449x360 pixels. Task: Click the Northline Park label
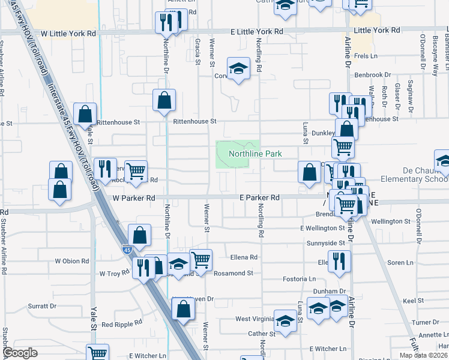pos(255,154)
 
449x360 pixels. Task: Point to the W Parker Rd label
pos(133,197)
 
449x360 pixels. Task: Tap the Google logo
pos(20,353)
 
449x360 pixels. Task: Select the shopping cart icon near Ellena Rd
pos(201,259)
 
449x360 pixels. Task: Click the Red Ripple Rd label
pos(121,323)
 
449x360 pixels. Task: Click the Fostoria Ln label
pos(300,279)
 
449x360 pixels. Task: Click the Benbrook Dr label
pos(372,75)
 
